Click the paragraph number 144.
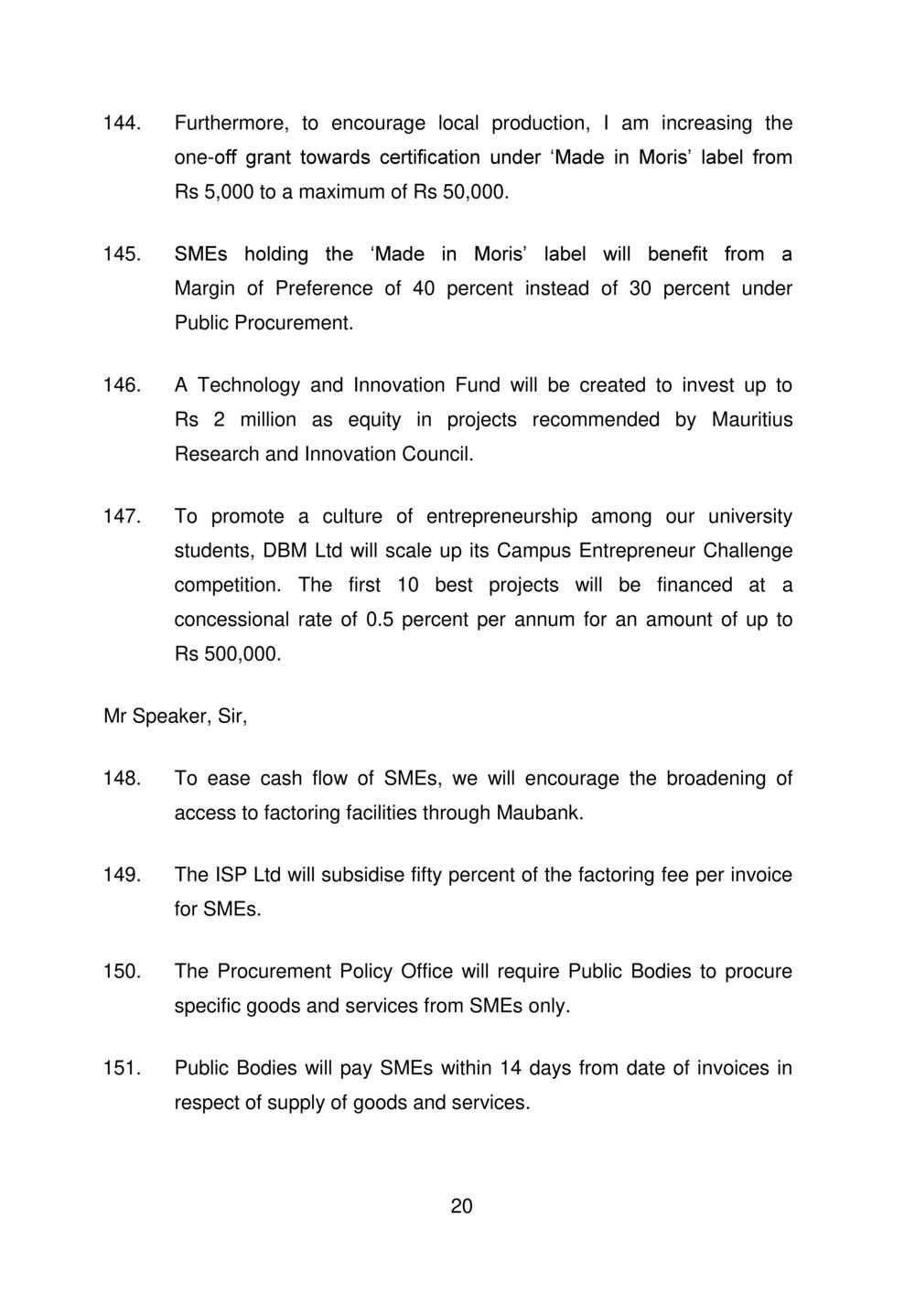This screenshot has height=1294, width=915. click(121, 123)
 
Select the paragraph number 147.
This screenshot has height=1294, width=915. click(121, 517)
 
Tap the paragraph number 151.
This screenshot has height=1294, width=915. click(121, 1068)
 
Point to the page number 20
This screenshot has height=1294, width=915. click(461, 1206)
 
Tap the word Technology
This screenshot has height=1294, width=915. click(249, 385)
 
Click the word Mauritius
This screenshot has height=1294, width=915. click(751, 420)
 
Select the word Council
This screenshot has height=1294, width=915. click(438, 455)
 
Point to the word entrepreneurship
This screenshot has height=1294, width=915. click(502, 517)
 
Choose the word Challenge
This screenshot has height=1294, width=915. click(748, 552)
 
